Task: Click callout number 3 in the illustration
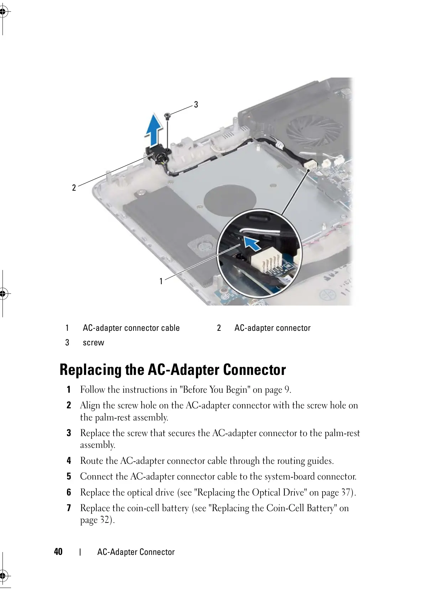pyautogui.click(x=196, y=104)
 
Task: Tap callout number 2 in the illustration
pyautogui.click(x=74, y=187)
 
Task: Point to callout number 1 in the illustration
pyautogui.click(x=161, y=281)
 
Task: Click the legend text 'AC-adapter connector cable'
pyautogui.click(x=131, y=328)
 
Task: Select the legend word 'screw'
pyautogui.click(x=93, y=343)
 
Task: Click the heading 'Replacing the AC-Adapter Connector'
pyautogui.click(x=173, y=370)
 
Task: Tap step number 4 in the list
pyautogui.click(x=69, y=461)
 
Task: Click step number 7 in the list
pyautogui.click(x=69, y=508)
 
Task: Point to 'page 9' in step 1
pyautogui.click(x=278, y=390)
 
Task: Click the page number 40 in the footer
pyautogui.click(x=58, y=552)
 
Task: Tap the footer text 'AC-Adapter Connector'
pyautogui.click(x=136, y=552)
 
